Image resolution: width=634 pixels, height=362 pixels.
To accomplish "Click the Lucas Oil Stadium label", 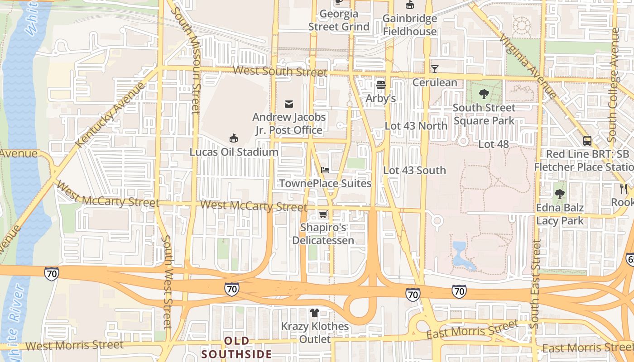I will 234,152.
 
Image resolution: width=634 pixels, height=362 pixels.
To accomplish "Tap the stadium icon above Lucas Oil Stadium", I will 234,138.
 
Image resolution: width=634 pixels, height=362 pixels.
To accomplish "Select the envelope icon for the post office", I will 289,104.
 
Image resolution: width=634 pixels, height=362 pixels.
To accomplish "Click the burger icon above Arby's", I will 380,85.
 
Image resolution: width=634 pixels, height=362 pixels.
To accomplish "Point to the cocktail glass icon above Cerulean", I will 435,69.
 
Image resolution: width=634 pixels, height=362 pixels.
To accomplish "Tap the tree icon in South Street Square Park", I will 484,94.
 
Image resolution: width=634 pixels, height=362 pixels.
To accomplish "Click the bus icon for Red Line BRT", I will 587,140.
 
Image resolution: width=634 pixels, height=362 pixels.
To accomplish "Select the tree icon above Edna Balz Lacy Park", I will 560,194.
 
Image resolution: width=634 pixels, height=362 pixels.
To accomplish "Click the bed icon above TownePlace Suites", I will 325,170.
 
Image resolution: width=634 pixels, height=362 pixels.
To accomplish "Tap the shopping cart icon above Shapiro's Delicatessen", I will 323,214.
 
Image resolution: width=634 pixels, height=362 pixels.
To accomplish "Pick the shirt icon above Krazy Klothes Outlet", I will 315,313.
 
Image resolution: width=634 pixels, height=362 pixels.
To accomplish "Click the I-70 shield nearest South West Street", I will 52,273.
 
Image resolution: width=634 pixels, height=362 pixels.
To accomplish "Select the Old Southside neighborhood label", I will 237,348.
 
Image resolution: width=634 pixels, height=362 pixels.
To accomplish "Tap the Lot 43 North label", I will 416,126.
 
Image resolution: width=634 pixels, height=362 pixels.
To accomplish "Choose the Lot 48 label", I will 494,144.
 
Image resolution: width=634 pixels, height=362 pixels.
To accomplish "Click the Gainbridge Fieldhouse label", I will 409,25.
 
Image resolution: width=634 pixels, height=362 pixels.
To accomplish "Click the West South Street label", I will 280,71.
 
